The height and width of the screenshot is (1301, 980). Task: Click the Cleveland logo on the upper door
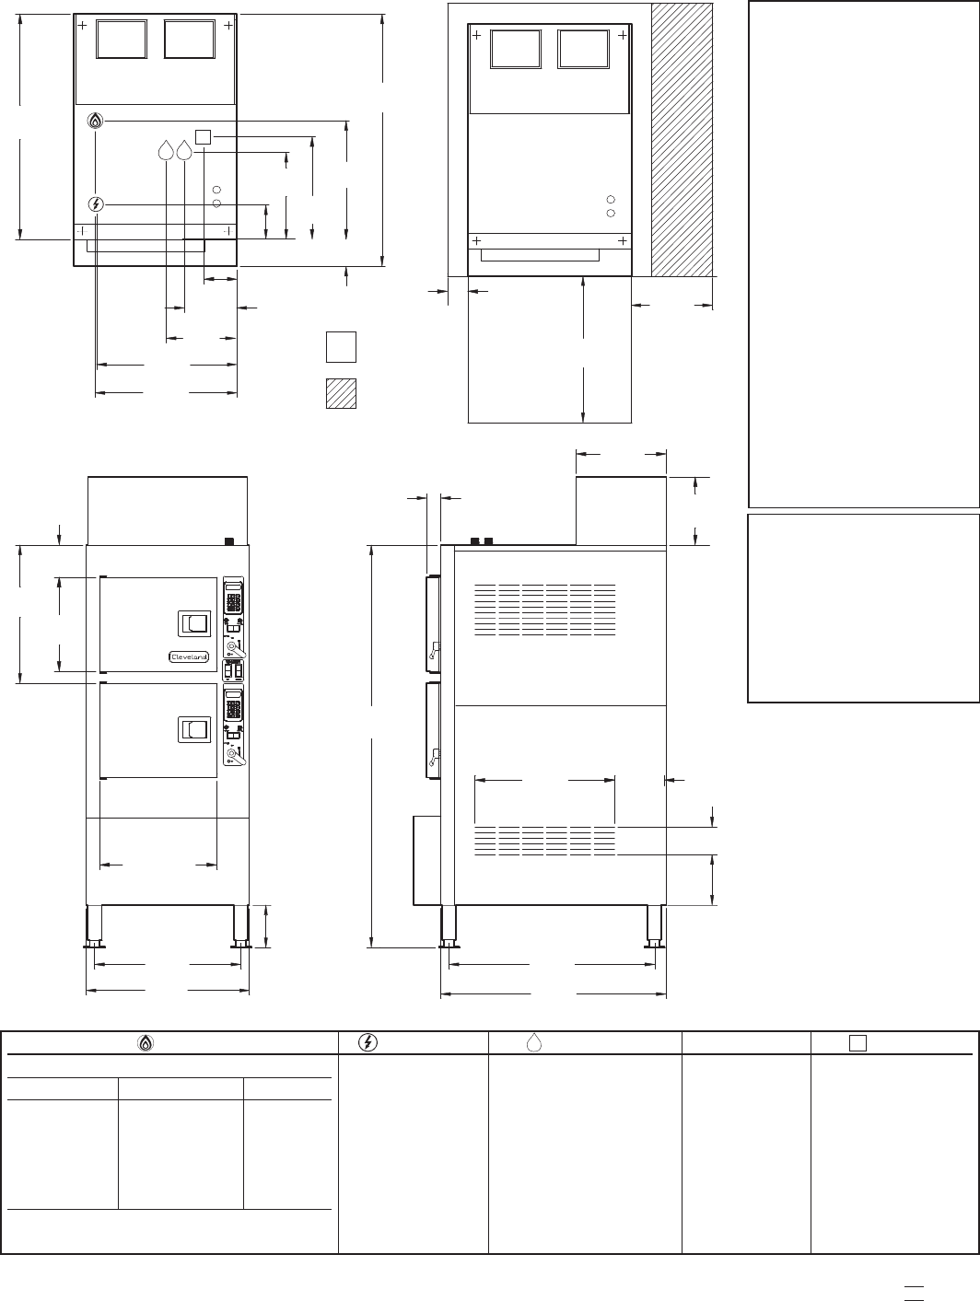[189, 656]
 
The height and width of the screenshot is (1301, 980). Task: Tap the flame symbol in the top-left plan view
[95, 121]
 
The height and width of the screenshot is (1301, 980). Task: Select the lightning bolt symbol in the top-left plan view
[96, 205]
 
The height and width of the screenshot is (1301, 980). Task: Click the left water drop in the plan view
[166, 150]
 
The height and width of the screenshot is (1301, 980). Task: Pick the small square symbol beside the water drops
[203, 137]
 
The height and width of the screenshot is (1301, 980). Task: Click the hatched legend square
[341, 393]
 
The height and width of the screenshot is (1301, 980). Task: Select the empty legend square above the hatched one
[341, 347]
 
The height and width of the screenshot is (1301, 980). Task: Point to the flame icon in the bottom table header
[146, 1043]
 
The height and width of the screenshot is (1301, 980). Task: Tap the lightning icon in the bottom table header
[368, 1042]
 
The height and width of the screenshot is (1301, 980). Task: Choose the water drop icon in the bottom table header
[533, 1043]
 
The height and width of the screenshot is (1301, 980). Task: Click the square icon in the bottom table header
[857, 1043]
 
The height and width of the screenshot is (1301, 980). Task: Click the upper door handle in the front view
[194, 623]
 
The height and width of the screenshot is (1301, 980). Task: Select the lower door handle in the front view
[194, 729]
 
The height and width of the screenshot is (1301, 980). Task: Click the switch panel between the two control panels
[233, 671]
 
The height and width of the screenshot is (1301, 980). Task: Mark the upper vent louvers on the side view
[545, 610]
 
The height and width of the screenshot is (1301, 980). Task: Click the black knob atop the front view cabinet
[230, 541]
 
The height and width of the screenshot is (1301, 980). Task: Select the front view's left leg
[94, 926]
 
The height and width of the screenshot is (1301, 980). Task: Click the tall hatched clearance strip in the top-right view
[682, 140]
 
